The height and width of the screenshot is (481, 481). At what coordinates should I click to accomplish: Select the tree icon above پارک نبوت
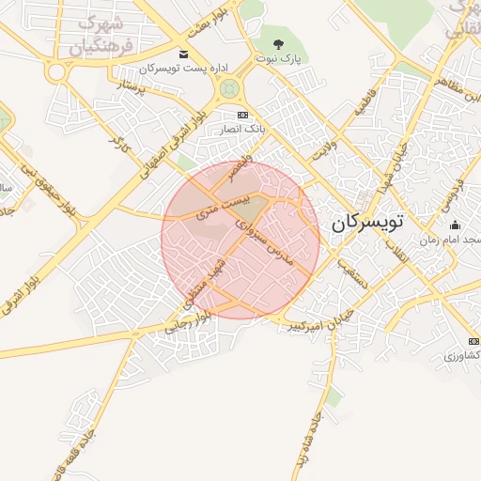(x=277, y=43)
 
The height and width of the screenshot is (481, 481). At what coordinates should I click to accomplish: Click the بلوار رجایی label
(x=188, y=325)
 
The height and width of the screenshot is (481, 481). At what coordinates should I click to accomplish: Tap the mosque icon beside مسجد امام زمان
(x=456, y=225)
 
